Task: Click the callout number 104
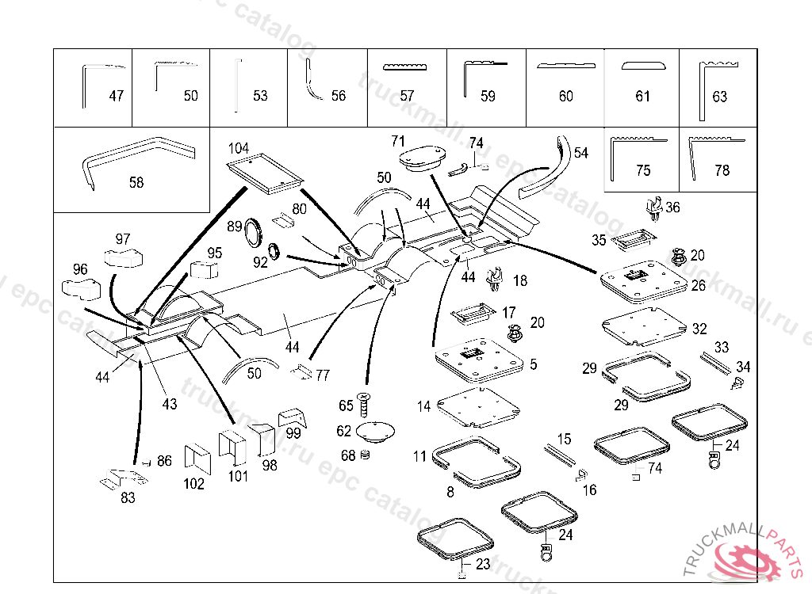[x=239, y=148]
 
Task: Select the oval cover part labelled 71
[x=424, y=157]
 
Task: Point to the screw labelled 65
[x=365, y=405]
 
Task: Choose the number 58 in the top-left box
[x=136, y=182]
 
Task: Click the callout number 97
[x=122, y=239]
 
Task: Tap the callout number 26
[x=698, y=285]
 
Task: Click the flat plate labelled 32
[x=643, y=328]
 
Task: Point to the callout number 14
[x=423, y=406]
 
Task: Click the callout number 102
[x=193, y=484]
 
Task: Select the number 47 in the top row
[x=117, y=96]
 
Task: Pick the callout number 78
[x=722, y=170]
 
